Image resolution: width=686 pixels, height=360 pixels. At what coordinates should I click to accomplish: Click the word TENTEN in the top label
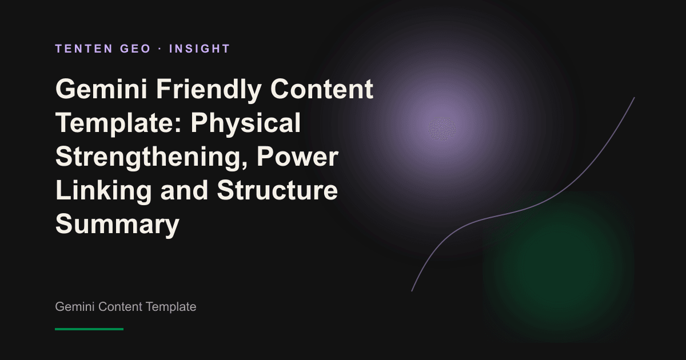tap(84, 49)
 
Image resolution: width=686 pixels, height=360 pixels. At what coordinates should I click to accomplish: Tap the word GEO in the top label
tap(135, 49)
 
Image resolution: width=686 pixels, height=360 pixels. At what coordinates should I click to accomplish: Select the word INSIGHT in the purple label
tap(200, 49)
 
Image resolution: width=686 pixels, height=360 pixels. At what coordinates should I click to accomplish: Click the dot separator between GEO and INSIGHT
tap(160, 49)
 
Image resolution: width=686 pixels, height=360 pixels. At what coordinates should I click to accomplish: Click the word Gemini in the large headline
tap(101, 89)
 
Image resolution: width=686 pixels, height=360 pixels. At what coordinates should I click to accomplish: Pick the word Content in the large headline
tap(321, 89)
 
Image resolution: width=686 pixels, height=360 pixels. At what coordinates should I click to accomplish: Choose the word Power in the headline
tap(297, 157)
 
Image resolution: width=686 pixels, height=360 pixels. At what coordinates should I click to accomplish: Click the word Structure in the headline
tap(277, 190)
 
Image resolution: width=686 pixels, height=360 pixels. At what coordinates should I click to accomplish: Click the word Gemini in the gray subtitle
tap(74, 307)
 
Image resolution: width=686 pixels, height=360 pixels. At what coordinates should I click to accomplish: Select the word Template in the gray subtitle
tap(171, 307)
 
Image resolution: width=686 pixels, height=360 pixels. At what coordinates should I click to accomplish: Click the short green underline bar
tap(89, 329)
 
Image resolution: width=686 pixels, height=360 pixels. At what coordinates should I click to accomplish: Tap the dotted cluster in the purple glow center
tap(442, 129)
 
